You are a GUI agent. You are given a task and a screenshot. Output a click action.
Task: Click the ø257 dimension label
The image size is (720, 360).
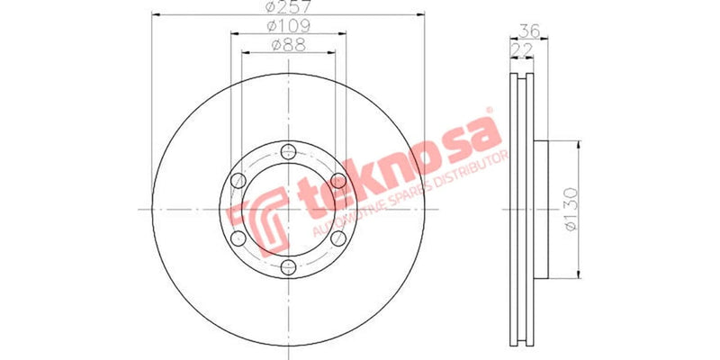[x=286, y=9]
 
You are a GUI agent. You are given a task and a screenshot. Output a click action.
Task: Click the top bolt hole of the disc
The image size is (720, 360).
[x=288, y=150]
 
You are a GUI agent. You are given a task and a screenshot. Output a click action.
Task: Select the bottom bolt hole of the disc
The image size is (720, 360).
[x=288, y=267]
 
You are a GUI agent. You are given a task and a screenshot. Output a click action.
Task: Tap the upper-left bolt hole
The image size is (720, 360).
[x=238, y=180]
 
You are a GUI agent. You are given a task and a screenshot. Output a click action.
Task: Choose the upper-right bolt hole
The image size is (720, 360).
[x=338, y=180]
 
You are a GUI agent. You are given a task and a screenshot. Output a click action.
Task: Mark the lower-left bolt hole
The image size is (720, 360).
[x=238, y=238]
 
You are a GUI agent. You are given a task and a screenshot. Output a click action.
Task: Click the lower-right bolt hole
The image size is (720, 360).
[x=338, y=238]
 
